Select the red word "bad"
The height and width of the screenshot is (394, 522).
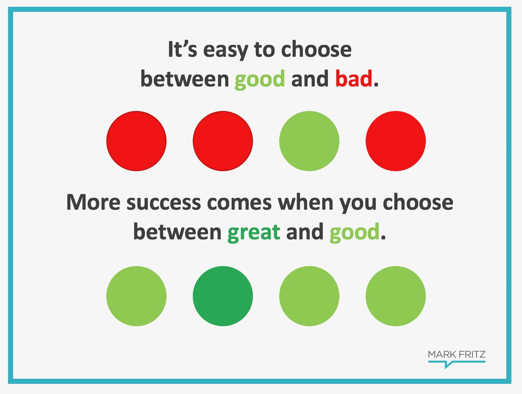pyautogui.click(x=354, y=80)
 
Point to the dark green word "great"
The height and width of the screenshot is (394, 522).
pyautogui.click(x=254, y=233)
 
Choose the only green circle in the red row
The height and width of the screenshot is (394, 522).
pyautogui.click(x=309, y=141)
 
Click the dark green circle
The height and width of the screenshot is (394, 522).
pyautogui.click(x=223, y=296)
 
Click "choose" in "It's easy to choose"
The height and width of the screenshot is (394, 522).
pyautogui.click(x=316, y=51)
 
